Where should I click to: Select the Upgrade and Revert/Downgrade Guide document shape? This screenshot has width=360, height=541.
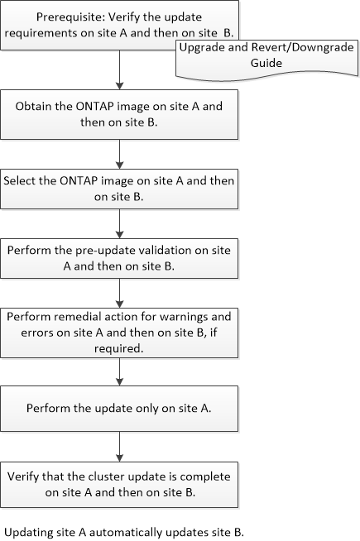click(266, 58)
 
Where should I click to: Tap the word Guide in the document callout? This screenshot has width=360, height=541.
click(266, 63)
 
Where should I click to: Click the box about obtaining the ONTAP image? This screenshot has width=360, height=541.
click(119, 114)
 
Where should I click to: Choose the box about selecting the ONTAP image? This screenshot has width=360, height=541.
click(119, 189)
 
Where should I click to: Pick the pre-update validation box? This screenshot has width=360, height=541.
click(119, 258)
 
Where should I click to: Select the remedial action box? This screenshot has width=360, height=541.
click(119, 333)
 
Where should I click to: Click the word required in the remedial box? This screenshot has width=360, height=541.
click(118, 349)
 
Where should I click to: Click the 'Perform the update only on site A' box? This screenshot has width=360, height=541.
click(119, 409)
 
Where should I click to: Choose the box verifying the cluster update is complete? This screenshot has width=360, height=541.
click(119, 485)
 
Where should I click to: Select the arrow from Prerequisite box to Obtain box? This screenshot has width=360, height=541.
click(119, 69)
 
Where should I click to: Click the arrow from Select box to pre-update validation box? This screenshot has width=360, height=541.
click(119, 223)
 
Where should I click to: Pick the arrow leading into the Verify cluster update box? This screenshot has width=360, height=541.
click(119, 447)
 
